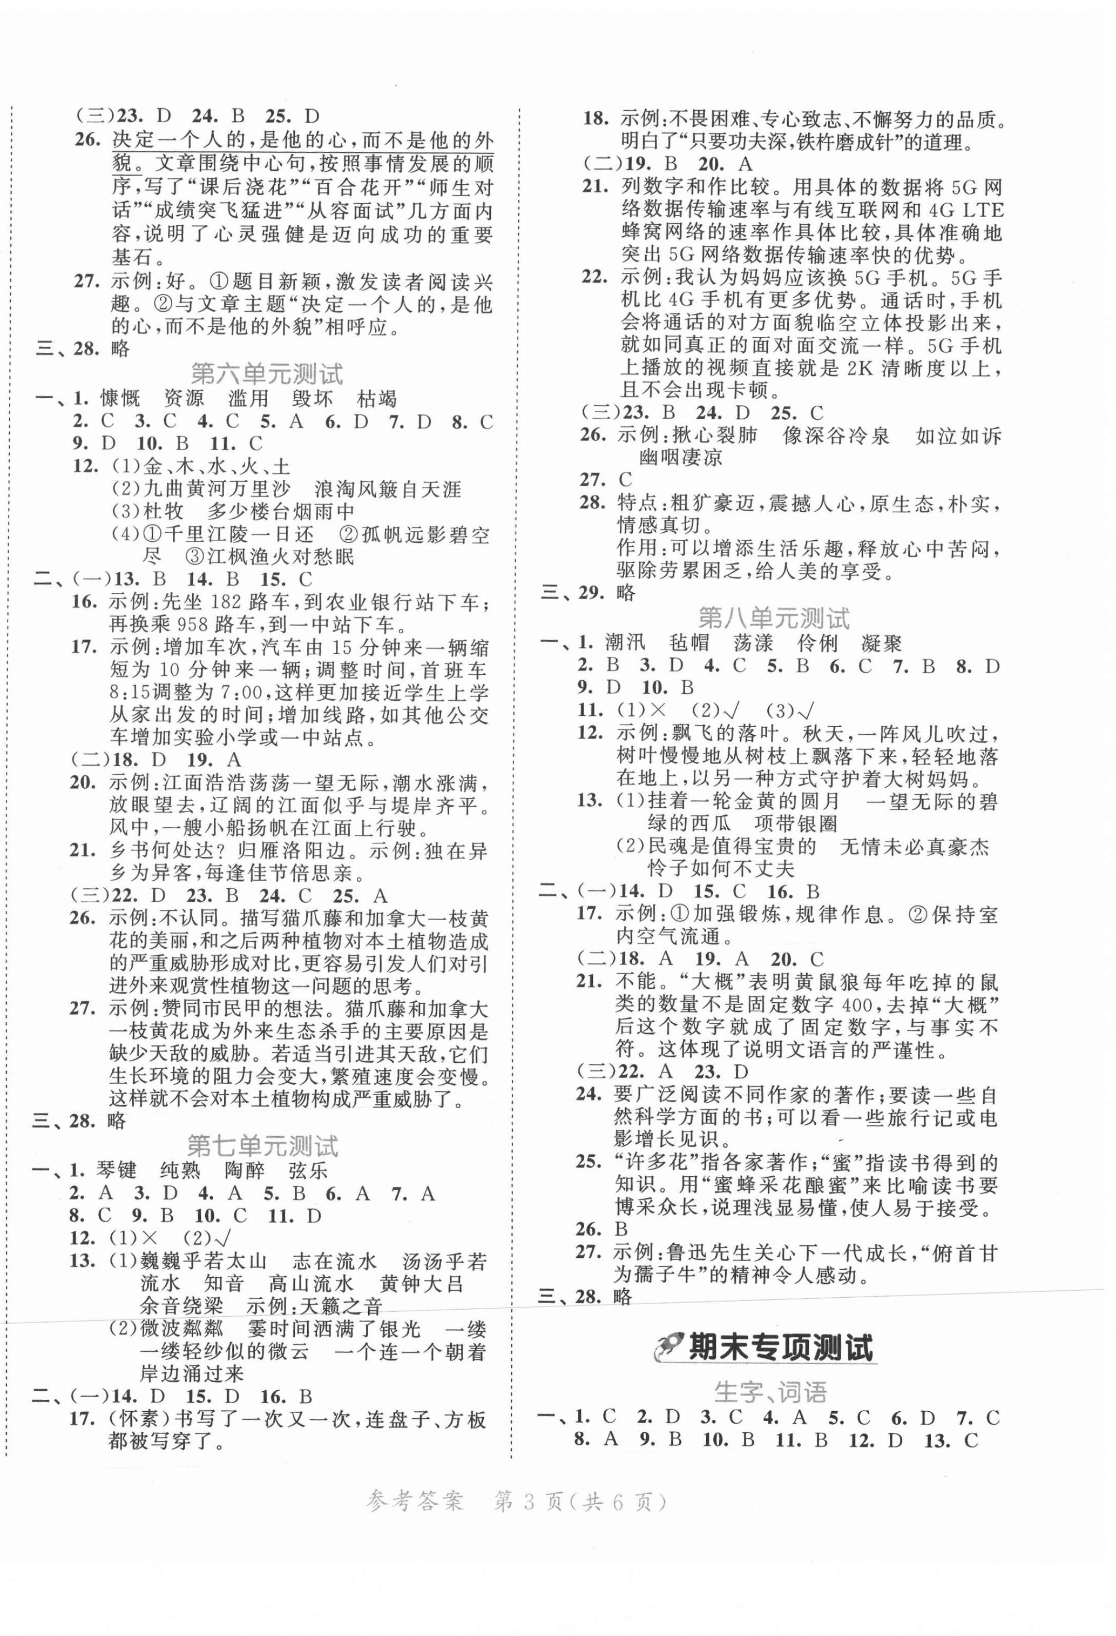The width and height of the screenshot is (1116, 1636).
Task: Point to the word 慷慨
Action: [x=121, y=399]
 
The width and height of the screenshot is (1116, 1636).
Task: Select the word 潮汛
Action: [x=625, y=643]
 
